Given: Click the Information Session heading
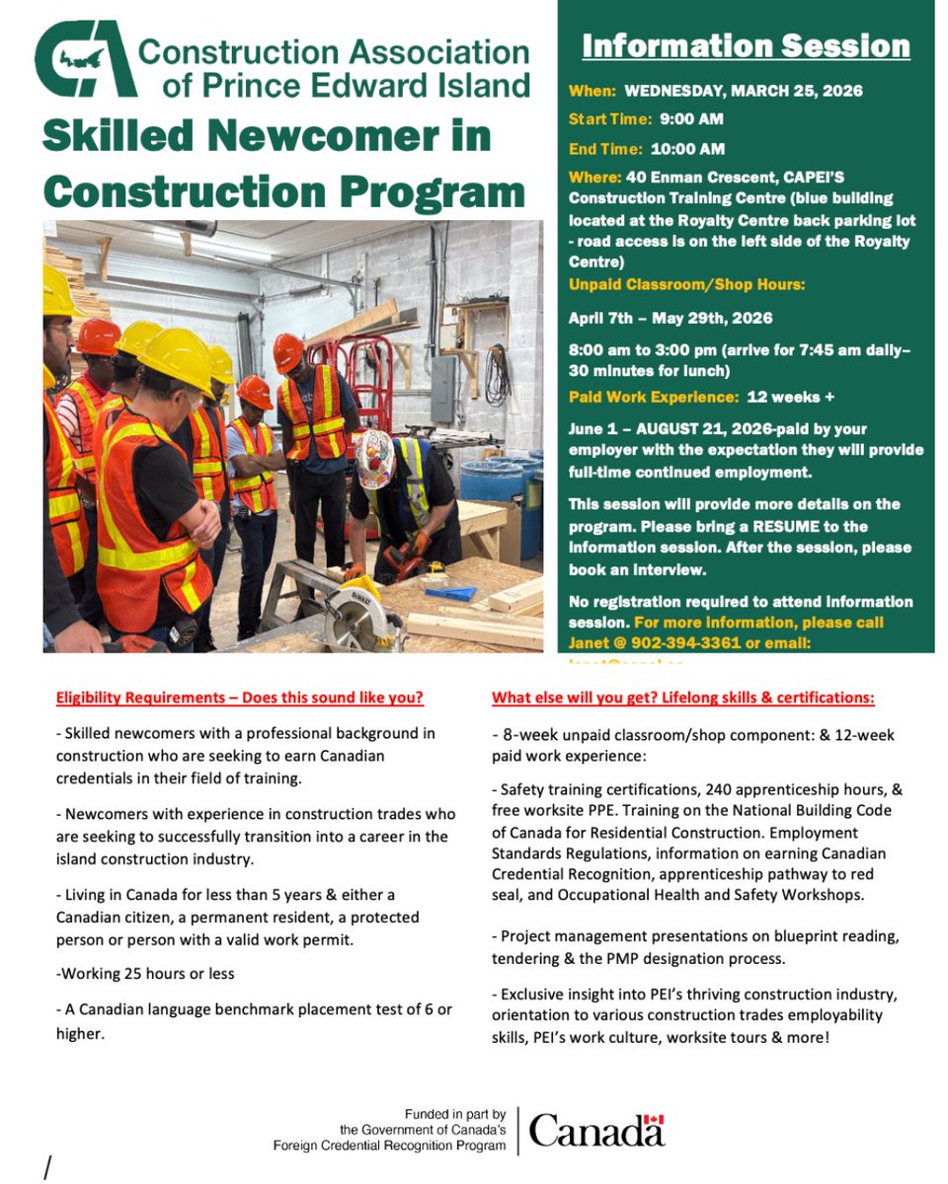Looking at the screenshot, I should tap(746, 46).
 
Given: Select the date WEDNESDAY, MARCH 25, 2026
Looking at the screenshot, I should tap(743, 91).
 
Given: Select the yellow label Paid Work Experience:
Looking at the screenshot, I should tap(653, 397).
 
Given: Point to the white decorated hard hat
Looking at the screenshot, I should tap(375, 460).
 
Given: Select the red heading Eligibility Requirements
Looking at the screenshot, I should tap(239, 698).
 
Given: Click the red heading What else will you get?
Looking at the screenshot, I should tap(682, 698).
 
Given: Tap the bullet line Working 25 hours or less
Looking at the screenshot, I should tap(146, 973).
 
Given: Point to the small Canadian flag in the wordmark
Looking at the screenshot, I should tap(654, 1121).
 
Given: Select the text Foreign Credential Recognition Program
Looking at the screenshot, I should tap(389, 1146).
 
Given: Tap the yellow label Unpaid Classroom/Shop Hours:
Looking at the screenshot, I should tap(686, 285).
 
